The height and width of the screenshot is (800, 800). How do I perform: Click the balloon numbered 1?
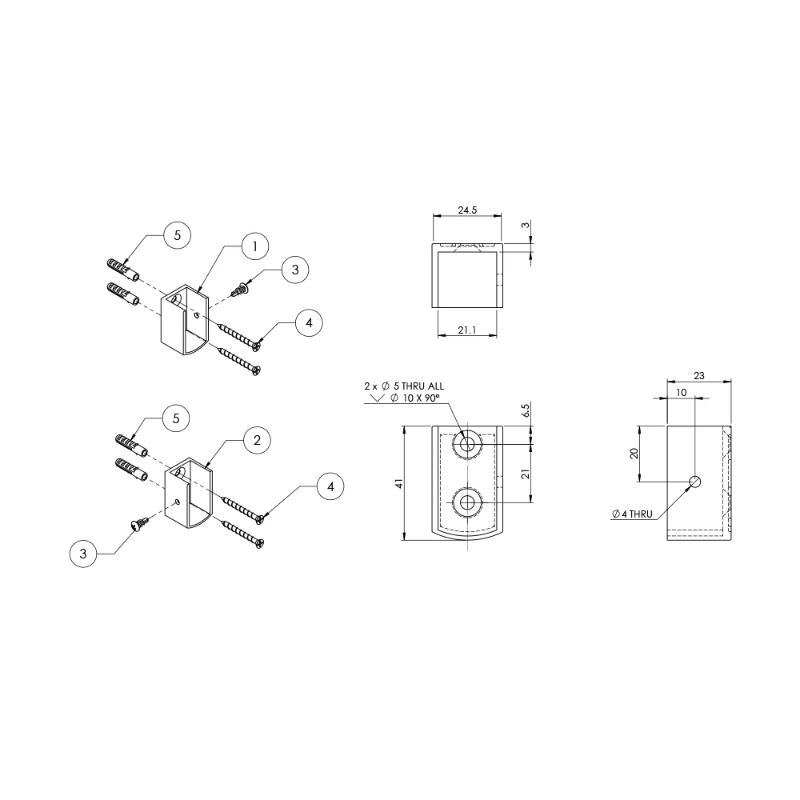coord(255,246)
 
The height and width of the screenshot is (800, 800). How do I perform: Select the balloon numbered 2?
coord(257,440)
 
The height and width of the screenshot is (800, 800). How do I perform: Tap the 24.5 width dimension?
coord(467,210)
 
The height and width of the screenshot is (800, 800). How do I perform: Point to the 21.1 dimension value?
coord(467,330)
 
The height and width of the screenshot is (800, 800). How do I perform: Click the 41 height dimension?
coord(399,482)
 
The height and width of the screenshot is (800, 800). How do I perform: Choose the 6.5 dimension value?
coord(526,410)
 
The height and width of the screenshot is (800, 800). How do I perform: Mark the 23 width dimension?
coord(699,375)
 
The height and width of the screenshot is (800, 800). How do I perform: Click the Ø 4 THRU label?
coord(633,514)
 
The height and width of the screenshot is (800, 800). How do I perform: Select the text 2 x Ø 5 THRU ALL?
coord(404,386)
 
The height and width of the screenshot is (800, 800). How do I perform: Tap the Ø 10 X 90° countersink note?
coord(414,398)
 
